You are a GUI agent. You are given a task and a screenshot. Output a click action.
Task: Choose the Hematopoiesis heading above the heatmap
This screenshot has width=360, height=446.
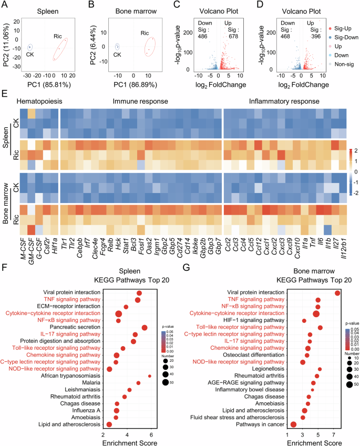(x=39, y=100)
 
